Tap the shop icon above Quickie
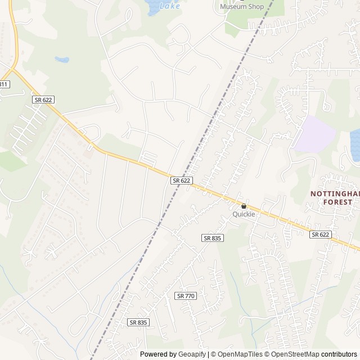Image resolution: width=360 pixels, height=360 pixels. click(x=244, y=206)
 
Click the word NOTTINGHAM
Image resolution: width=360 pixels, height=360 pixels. click(x=334, y=194)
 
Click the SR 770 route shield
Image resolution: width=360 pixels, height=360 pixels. click(x=185, y=296)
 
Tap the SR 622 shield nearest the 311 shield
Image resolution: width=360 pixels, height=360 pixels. click(x=43, y=99)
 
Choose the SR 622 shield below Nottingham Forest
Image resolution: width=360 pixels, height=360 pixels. click(x=319, y=235)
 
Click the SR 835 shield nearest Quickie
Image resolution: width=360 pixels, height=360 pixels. click(x=213, y=238)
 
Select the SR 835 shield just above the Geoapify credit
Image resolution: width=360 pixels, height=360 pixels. click(x=138, y=322)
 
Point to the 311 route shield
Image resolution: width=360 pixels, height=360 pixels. click(x=3, y=84)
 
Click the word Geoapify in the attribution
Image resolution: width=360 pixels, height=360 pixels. click(x=192, y=354)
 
